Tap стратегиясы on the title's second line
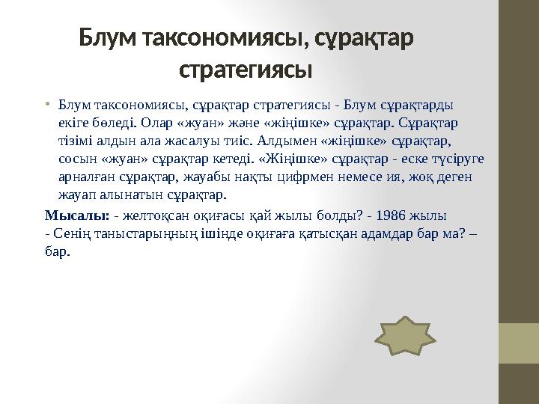(x=246, y=72)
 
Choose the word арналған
(x=85, y=177)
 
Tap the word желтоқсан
(x=150, y=216)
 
